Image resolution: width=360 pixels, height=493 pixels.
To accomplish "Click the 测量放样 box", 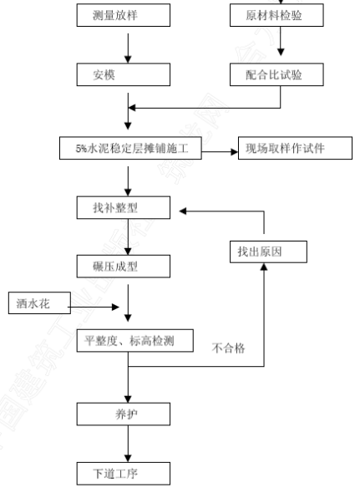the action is (x=124, y=15).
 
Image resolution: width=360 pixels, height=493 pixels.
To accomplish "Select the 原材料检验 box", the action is (x=276, y=15).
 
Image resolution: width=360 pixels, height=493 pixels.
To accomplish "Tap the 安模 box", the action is (x=124, y=74).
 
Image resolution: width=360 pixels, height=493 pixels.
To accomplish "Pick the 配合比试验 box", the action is (x=276, y=74).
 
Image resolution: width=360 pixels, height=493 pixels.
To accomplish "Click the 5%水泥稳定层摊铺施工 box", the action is (x=130, y=148).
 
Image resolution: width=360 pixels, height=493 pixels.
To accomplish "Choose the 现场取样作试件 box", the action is (x=295, y=148).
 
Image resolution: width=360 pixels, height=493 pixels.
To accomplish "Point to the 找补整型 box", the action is (x=124, y=207).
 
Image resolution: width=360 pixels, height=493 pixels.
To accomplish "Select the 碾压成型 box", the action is (x=124, y=267).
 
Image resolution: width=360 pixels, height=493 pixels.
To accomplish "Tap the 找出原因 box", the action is (x=268, y=252).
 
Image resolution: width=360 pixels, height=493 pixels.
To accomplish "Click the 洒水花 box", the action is (x=39, y=303).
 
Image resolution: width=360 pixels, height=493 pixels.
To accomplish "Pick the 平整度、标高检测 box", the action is (x=135, y=341).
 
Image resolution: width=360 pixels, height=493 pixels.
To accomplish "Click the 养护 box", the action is (x=124, y=414).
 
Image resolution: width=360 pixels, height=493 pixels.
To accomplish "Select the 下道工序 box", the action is (x=124, y=474).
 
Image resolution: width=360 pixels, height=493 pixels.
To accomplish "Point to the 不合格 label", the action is (x=228, y=348).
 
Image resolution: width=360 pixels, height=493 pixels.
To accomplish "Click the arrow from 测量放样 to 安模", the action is (x=128, y=48).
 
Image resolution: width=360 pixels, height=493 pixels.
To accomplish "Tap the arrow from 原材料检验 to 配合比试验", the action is (x=281, y=41).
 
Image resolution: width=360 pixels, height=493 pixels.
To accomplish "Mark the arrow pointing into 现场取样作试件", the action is (x=220, y=152).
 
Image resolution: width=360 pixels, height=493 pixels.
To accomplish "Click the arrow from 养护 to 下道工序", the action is (x=128, y=444).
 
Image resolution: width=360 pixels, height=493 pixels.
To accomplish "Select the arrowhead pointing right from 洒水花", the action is (x=116, y=307).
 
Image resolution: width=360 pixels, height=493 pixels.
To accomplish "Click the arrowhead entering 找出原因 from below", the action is (x=264, y=267).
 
